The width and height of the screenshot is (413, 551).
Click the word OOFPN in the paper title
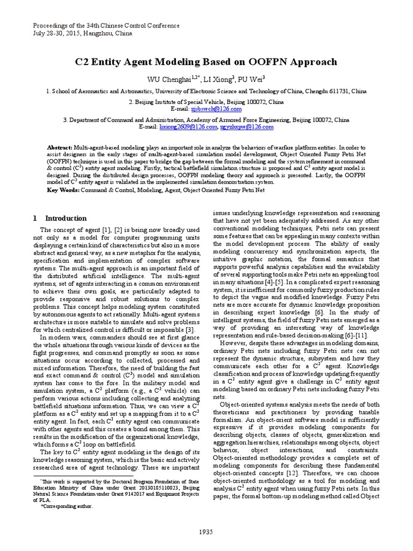269,62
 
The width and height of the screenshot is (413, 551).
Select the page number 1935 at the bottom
206,532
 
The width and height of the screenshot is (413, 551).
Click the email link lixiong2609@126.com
181,126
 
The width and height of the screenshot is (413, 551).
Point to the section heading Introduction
66,218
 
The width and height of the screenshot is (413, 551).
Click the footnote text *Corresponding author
64,506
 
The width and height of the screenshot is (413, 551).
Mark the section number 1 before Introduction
35,218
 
